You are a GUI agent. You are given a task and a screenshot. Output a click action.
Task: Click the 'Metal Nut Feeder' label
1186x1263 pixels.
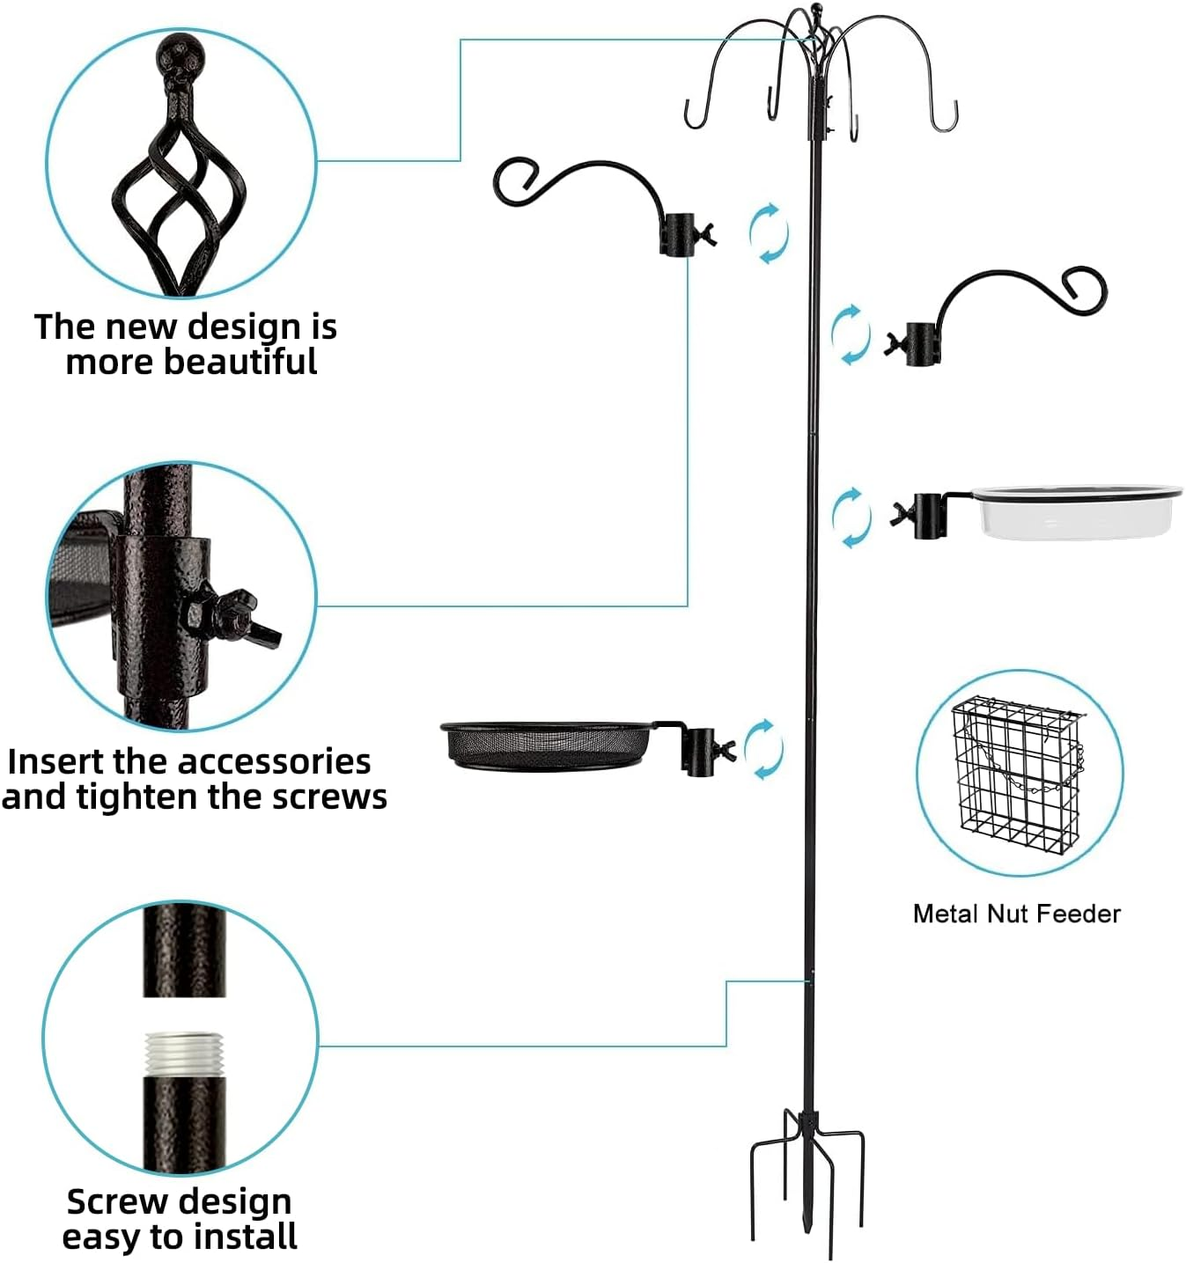(x=1016, y=914)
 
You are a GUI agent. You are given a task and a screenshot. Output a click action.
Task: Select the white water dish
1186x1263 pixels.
(x=1076, y=512)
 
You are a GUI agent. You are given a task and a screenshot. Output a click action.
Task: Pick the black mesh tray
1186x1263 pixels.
(x=546, y=746)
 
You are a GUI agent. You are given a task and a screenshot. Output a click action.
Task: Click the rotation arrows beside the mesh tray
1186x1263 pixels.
(x=762, y=749)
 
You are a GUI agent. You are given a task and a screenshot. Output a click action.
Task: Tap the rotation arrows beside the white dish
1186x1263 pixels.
(x=851, y=517)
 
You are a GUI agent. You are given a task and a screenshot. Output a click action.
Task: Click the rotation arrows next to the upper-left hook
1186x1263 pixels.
(x=768, y=233)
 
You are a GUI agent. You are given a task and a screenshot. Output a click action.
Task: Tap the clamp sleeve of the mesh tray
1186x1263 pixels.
(x=699, y=751)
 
